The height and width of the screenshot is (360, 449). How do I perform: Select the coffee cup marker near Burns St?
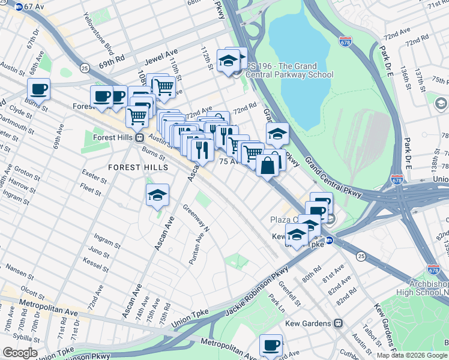39,89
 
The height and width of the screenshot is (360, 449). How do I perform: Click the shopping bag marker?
268,165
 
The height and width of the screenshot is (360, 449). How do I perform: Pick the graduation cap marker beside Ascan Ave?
157,195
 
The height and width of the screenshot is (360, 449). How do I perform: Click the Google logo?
20,353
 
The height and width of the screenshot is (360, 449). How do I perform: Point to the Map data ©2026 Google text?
411,355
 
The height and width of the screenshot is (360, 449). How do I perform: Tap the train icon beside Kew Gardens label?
339,323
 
